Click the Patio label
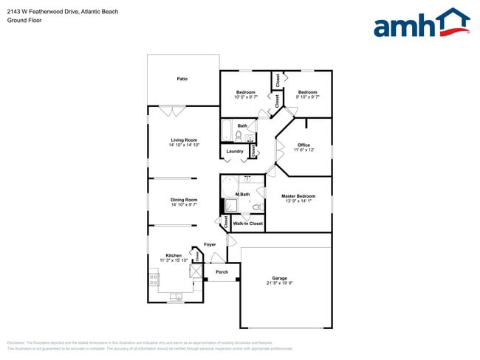[182, 78]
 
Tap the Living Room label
[184, 139]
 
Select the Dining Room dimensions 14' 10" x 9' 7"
[184, 204]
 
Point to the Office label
[304, 145]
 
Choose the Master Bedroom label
[298, 195]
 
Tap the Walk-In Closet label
[247, 223]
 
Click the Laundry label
[235, 151]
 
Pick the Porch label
[222, 272]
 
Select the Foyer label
[210, 244]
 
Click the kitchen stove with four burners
[154, 280]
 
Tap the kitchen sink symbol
[176, 297]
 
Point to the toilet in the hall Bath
[239, 136]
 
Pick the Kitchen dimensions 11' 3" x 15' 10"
[174, 260]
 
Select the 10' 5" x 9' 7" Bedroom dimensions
[245, 97]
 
